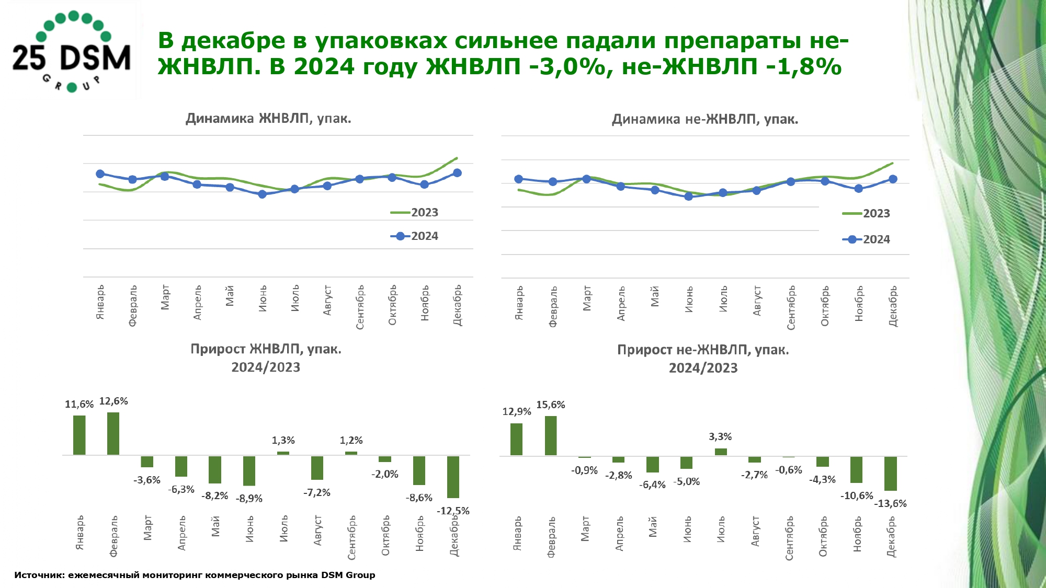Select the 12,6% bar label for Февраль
[x=113, y=401]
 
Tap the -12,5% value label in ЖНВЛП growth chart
[x=453, y=511]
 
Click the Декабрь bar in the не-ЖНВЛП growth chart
[x=890, y=474]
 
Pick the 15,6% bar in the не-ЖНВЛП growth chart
[x=551, y=435]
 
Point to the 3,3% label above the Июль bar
[x=720, y=436]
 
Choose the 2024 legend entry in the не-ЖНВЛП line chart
[x=867, y=239]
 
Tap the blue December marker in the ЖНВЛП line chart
[x=457, y=173]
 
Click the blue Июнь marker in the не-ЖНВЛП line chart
[x=688, y=197]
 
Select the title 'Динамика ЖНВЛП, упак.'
[x=268, y=119]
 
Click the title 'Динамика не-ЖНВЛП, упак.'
[x=705, y=120]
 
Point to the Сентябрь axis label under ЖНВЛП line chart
[x=360, y=307]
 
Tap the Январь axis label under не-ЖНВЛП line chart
[x=519, y=303]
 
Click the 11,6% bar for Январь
[x=79, y=435]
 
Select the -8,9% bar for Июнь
[x=249, y=471]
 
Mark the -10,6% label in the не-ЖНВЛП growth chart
[x=857, y=495]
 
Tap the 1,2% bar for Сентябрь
[x=351, y=453]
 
